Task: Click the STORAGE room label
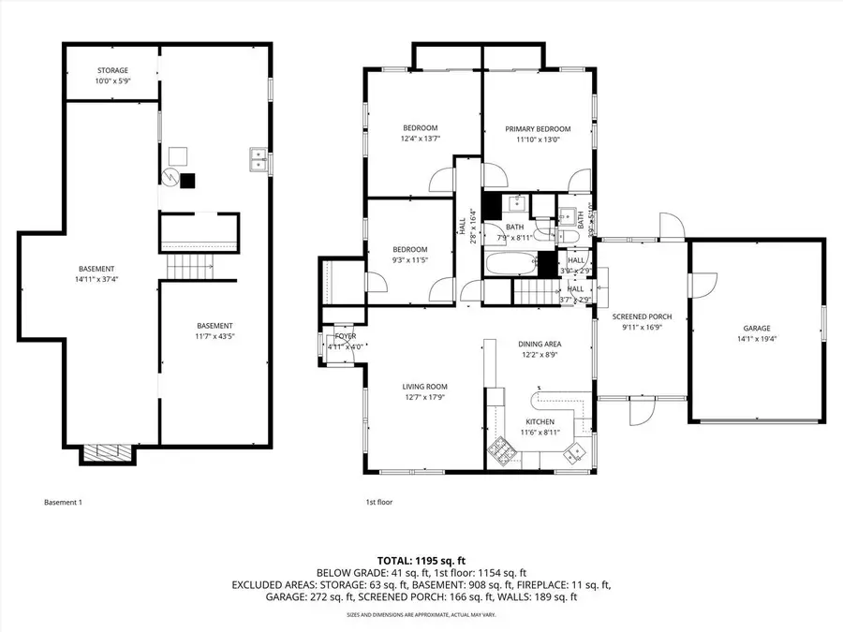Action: coord(112,70)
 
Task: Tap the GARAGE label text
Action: coord(757,328)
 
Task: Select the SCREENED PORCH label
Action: coord(643,316)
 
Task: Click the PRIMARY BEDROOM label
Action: coord(538,129)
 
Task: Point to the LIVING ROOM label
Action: coord(424,386)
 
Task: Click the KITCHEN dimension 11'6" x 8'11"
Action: coord(540,432)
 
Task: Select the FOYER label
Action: coord(346,338)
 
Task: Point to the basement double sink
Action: coord(259,160)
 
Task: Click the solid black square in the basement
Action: coord(188,181)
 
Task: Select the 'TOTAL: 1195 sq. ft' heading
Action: coord(421,559)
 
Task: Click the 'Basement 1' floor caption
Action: coord(64,503)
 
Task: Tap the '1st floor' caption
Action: coord(378,503)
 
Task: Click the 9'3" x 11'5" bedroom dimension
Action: coord(409,259)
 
